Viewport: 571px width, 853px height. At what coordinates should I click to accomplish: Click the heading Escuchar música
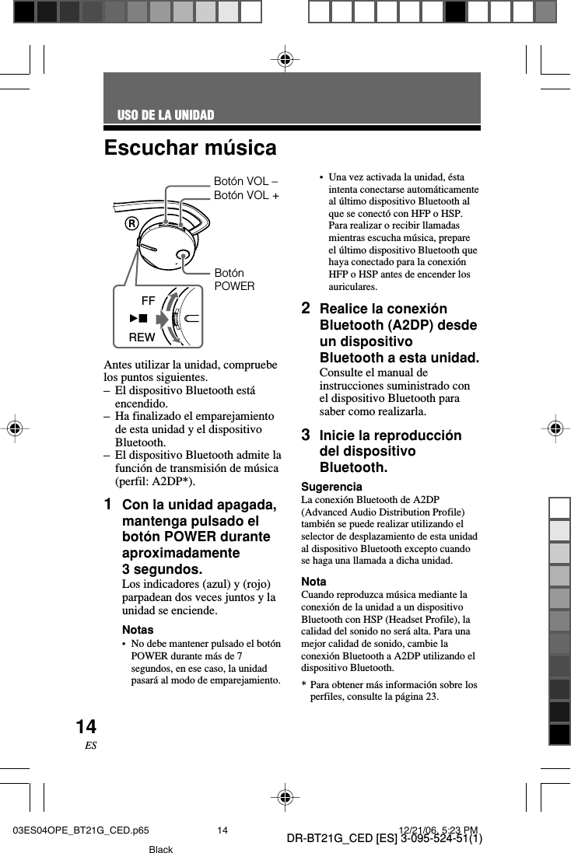pos(190,147)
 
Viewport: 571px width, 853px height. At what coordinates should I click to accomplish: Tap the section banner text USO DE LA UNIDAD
pos(165,116)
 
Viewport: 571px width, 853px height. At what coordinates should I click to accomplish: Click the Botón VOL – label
pos(246,181)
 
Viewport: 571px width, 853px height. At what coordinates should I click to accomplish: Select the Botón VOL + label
pos(246,195)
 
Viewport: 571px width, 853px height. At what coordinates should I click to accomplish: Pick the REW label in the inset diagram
pos(142,337)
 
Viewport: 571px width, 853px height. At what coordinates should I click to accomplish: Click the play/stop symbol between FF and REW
pos(138,318)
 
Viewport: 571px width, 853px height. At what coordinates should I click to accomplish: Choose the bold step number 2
pos(307,308)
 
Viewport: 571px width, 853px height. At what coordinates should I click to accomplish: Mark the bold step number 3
pos(307,434)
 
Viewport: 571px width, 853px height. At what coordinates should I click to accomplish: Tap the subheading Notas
pos(138,629)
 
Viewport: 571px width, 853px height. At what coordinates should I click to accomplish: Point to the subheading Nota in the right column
pos(314,582)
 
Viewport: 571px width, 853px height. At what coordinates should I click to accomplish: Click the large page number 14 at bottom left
pos(86,727)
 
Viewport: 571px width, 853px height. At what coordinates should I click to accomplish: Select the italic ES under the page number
pos(90,745)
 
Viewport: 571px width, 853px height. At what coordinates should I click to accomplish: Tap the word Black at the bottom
pos(161,849)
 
